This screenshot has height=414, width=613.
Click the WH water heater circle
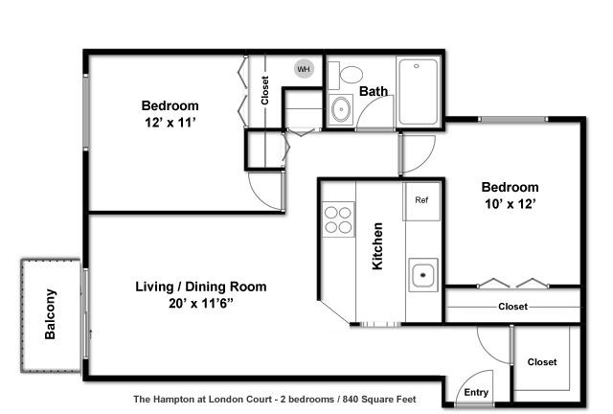(304, 69)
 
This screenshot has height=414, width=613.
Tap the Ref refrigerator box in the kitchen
(421, 201)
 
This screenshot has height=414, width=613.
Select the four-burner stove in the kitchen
(338, 219)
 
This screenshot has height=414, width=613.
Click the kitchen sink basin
(423, 275)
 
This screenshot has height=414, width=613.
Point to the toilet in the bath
(346, 75)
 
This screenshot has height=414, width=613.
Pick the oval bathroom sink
(341, 109)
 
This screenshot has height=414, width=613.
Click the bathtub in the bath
(419, 92)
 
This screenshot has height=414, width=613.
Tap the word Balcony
(51, 314)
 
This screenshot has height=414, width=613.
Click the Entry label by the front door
(476, 393)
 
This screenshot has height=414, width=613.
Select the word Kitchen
(377, 246)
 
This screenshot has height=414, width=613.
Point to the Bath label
(374, 91)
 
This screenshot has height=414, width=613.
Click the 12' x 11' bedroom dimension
(170, 123)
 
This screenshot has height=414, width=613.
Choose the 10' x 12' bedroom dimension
(511, 204)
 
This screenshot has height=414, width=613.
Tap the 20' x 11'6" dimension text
(201, 303)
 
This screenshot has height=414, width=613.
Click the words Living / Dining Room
(201, 287)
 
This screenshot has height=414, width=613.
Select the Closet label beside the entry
(542, 362)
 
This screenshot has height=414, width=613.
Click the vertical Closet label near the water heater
(265, 90)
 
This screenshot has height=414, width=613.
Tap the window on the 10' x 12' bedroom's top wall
(513, 119)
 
